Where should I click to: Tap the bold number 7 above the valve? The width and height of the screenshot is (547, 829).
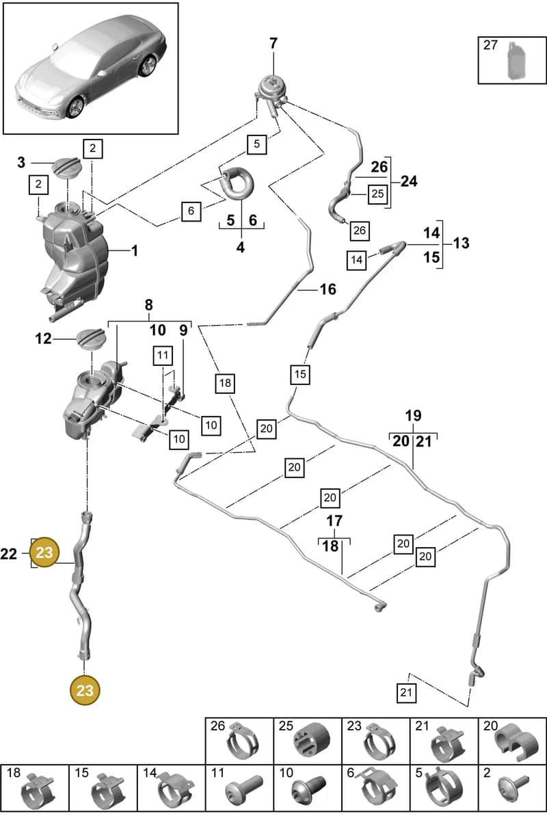tap(273, 43)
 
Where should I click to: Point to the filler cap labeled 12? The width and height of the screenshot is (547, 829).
tap(91, 339)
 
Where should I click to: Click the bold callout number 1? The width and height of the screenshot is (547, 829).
tap(135, 250)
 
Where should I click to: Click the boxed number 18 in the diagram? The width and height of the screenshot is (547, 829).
tap(225, 382)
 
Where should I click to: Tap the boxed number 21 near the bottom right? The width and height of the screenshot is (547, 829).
tap(406, 692)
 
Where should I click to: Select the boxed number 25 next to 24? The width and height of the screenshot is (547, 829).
tap(377, 194)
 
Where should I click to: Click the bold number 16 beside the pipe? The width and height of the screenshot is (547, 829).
tap(328, 289)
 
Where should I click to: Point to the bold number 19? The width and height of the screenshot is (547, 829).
tap(413, 416)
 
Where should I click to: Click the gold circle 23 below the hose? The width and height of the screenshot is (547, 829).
tap(85, 690)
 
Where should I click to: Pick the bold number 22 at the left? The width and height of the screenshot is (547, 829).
tap(9, 553)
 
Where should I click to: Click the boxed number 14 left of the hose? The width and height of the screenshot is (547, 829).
tap(356, 260)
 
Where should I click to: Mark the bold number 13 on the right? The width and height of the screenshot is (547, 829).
tap(462, 243)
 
